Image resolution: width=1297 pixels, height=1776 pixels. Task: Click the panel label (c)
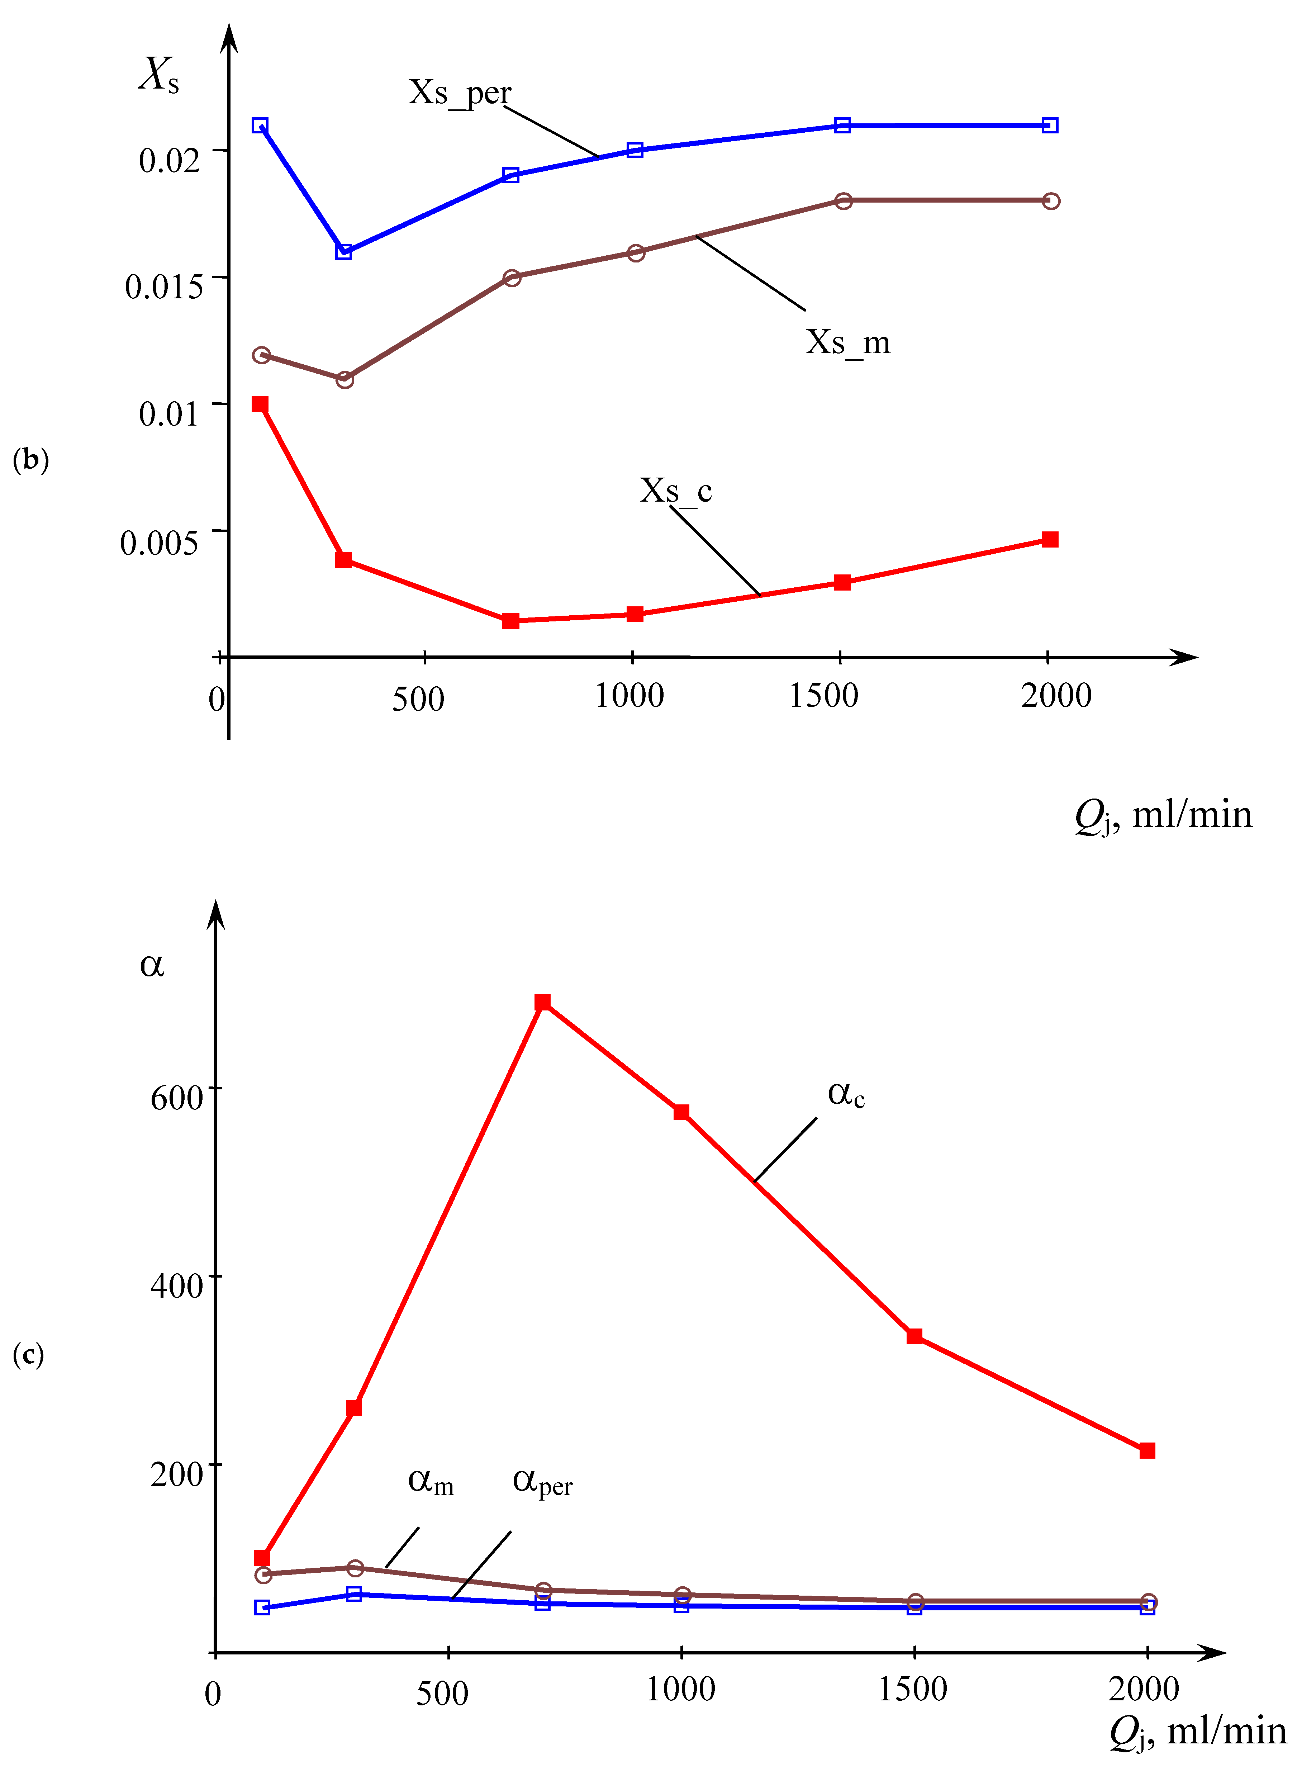[28, 1354]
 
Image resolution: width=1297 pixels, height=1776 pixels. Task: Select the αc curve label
[846, 1094]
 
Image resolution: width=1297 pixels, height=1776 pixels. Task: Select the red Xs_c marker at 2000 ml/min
[1050, 539]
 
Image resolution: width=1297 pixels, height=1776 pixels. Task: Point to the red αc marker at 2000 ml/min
[1147, 1450]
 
